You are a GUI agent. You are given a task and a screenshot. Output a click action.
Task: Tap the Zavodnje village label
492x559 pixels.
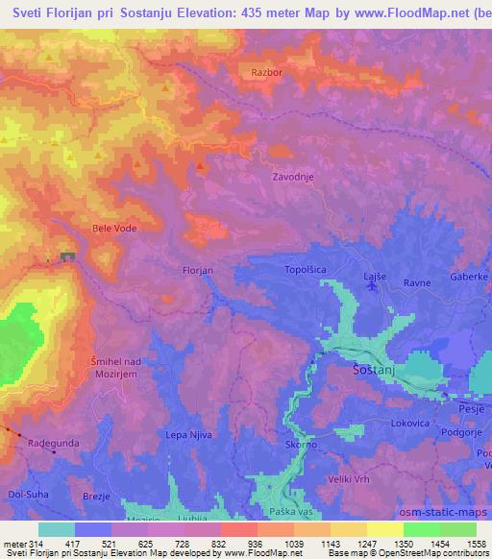[x=294, y=178]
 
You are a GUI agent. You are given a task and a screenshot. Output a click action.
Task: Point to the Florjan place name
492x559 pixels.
[x=197, y=271]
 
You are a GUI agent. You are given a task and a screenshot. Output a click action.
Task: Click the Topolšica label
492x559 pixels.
[x=307, y=271]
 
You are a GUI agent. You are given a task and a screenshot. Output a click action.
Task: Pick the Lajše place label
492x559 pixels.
[x=375, y=277]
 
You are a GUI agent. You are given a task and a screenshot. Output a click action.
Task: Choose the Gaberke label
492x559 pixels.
[x=470, y=276]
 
